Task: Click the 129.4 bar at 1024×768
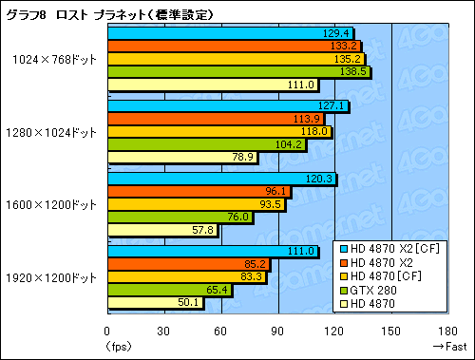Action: (x=228, y=32)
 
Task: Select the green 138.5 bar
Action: (x=237, y=71)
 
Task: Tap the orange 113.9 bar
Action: (x=216, y=119)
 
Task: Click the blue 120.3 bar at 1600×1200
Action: (x=220, y=179)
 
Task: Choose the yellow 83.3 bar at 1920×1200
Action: (x=186, y=276)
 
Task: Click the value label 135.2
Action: (x=351, y=59)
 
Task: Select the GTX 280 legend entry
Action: (x=370, y=288)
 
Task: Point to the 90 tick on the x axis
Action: (x=277, y=332)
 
